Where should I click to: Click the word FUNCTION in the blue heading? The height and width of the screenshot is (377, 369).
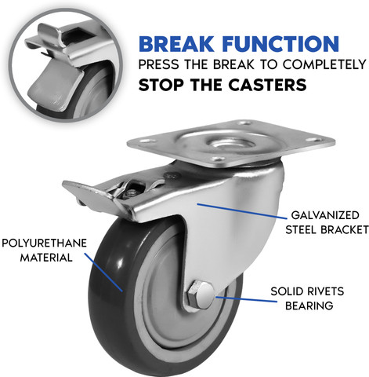[282, 44]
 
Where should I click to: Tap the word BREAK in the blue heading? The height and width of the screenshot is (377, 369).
[176, 44]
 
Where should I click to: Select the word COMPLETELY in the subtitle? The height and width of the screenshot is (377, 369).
[324, 64]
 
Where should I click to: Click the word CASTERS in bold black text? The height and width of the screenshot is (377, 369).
[267, 85]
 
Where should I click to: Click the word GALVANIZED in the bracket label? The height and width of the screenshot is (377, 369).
[325, 215]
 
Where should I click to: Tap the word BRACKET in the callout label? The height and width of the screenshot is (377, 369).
[345, 229]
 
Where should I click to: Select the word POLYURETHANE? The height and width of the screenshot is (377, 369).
[44, 243]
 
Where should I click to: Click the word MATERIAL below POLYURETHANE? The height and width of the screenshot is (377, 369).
[46, 258]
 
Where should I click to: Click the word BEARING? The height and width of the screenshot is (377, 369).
[309, 306]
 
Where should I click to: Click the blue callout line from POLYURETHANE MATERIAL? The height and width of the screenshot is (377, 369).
[103, 272]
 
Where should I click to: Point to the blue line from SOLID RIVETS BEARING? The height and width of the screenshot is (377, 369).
[246, 299]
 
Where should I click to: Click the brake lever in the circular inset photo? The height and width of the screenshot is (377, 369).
[57, 86]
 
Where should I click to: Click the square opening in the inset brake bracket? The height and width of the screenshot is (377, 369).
[78, 36]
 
